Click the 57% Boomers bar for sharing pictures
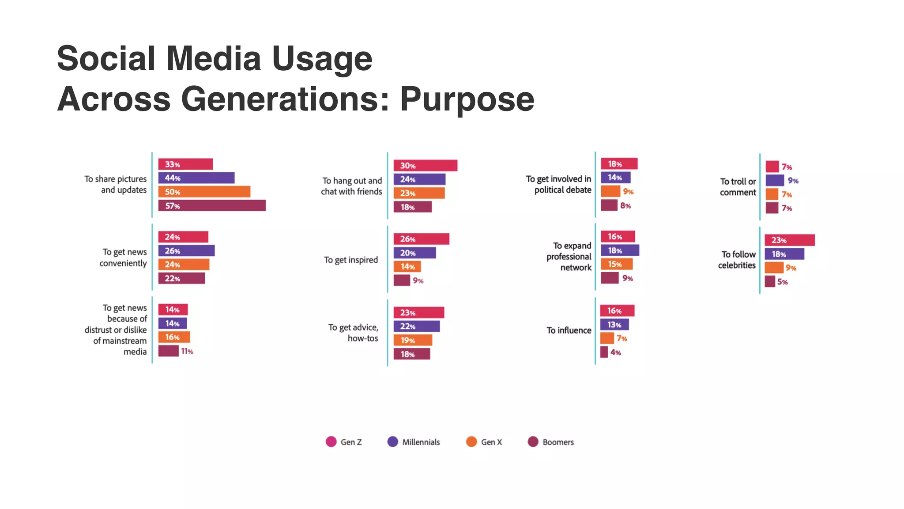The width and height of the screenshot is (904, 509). [x=212, y=206]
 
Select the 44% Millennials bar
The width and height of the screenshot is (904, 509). [x=196, y=178]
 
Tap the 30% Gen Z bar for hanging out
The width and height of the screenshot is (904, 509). [x=425, y=166]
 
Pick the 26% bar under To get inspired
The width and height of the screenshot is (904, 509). [x=421, y=239]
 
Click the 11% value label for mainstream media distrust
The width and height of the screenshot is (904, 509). [x=187, y=351]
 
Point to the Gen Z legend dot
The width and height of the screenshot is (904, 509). [x=331, y=442]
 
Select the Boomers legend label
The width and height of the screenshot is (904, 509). [x=558, y=442]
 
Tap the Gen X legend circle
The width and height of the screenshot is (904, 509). [x=471, y=442]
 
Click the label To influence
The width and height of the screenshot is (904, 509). [x=569, y=330]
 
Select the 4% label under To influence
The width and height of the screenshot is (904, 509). [x=616, y=353]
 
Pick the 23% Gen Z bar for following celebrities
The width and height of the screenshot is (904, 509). [x=789, y=240]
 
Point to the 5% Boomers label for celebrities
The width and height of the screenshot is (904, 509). [x=782, y=282]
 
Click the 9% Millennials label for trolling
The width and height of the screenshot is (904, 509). [x=793, y=181]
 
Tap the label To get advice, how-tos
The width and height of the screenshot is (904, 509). [x=353, y=333]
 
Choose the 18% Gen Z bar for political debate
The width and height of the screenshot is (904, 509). [x=619, y=164]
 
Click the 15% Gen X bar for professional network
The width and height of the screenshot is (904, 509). [x=616, y=264]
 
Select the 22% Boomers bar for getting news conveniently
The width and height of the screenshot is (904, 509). [x=181, y=278]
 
